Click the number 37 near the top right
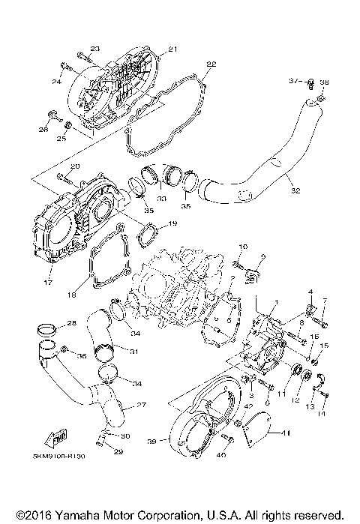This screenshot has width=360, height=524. point(294,79)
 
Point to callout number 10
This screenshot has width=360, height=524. point(243,246)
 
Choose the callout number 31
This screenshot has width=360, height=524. point(133,352)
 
